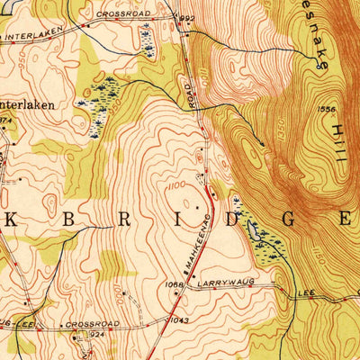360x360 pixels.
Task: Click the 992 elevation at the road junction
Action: click(187, 17)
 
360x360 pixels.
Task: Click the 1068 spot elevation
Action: click(175, 285)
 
